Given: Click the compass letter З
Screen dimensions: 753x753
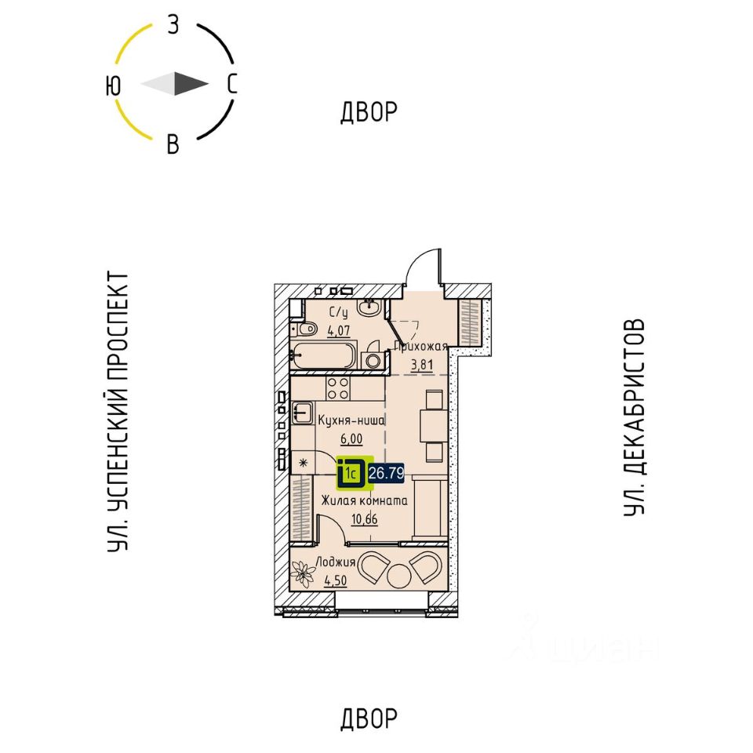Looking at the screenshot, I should [174, 25].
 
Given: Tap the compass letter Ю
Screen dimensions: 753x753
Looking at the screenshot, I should [114, 85].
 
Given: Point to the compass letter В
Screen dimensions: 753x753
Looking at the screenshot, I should [173, 144].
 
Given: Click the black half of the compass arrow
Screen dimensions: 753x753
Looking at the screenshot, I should [191, 84].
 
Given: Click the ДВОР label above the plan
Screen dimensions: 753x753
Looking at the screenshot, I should [369, 113].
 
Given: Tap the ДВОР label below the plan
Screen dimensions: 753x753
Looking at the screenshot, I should [369, 718].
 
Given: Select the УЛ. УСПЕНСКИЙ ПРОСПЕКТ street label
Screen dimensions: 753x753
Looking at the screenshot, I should [118, 411].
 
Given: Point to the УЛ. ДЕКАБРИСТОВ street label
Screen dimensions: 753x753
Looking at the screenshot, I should [635, 417].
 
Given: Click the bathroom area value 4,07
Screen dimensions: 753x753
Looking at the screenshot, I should [339, 330].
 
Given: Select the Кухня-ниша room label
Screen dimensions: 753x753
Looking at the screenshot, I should [351, 421].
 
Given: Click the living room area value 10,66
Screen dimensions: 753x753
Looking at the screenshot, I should [362, 518].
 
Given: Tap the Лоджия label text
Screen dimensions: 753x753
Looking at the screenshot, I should [336, 562].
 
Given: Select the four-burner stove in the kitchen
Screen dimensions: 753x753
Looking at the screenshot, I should [338, 387].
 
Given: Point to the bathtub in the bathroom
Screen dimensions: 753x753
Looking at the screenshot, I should [323, 355].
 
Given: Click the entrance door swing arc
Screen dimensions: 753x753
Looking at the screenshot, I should [423, 266].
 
